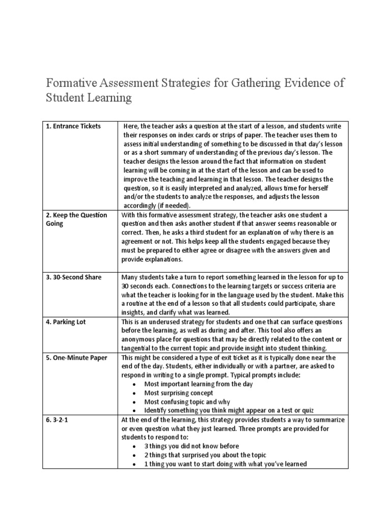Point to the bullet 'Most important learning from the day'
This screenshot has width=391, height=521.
point(199,384)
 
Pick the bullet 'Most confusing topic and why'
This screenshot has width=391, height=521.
point(187,401)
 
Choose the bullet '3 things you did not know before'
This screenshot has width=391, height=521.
point(192,446)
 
